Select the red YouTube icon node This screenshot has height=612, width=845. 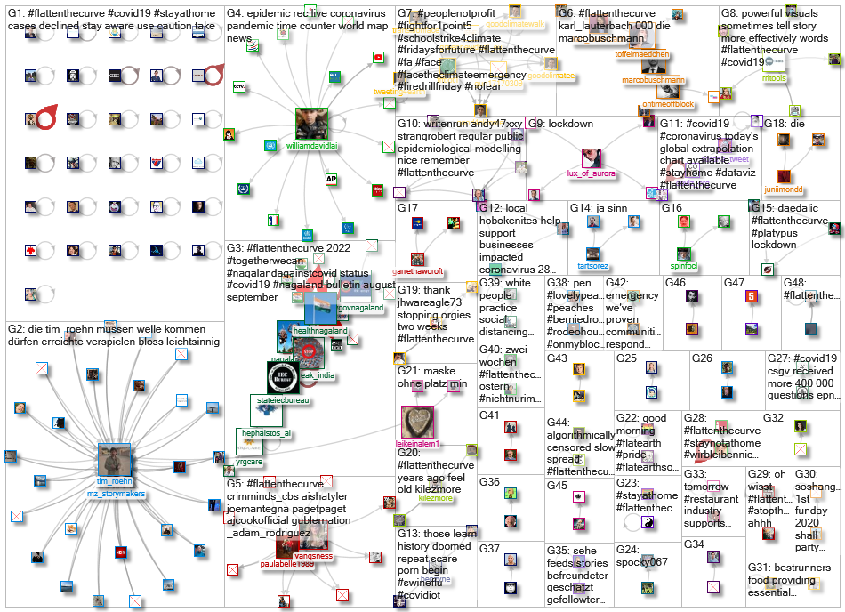tap(378, 57)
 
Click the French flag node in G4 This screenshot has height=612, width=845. tap(274, 219)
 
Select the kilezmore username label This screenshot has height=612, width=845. tap(435, 499)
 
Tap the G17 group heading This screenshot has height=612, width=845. tap(408, 207)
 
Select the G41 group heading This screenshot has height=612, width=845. tap(489, 415)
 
